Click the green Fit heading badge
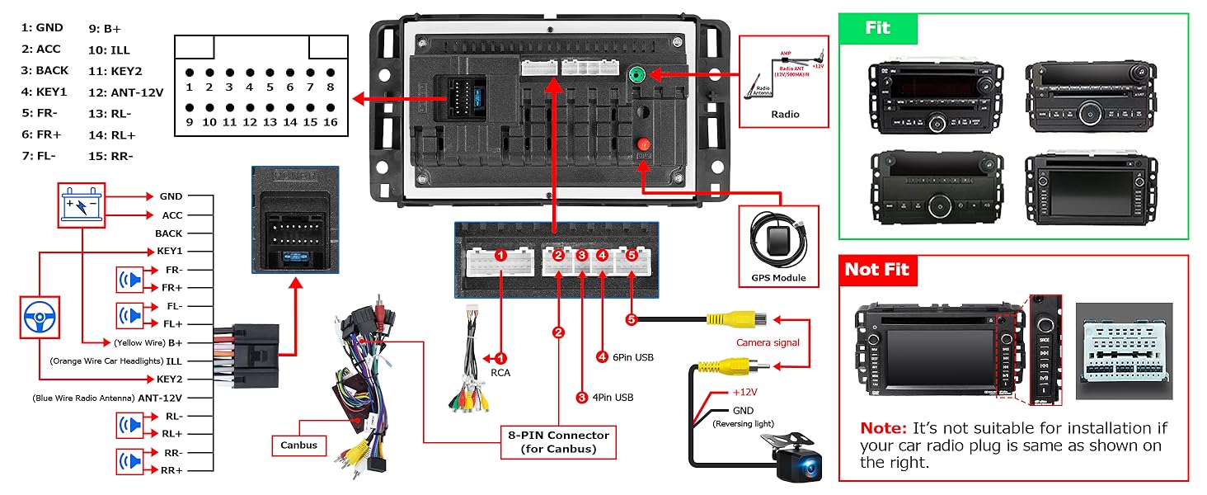(877, 28)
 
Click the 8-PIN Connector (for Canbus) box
(558, 442)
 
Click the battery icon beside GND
(83, 205)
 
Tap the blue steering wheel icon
(40, 314)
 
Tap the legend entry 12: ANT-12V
(125, 92)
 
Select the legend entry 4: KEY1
(45, 92)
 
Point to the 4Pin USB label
(612, 397)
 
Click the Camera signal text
(768, 342)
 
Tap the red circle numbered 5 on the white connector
(632, 256)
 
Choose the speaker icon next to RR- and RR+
(130, 460)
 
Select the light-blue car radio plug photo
(1124, 351)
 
